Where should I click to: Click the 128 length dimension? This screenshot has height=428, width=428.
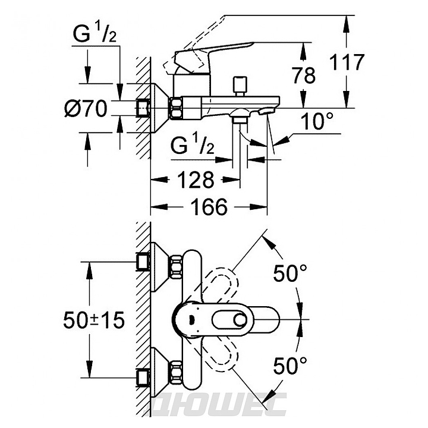tap(194, 179)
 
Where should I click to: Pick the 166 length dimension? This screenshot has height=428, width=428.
tap(209, 207)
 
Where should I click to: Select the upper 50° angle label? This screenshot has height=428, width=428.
tap(291, 273)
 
